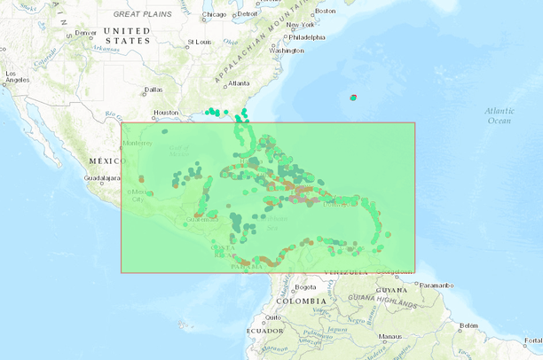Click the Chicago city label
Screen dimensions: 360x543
pos(215,14)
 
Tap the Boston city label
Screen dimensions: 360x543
pos(326,11)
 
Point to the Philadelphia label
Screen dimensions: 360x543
pos(307,37)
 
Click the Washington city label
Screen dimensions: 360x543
pos(286,51)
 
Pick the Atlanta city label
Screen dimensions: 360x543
pos(239,83)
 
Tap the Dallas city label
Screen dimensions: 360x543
pos(153,90)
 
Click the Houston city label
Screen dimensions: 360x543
pos(166,113)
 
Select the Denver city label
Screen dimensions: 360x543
pos(85,33)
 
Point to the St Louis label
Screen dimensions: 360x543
pos(199,42)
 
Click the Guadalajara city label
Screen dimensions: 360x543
pos(101,178)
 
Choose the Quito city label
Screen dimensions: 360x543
pos(271,317)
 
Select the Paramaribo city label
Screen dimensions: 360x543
pos(436,285)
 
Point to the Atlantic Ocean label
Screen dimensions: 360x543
pos(499,114)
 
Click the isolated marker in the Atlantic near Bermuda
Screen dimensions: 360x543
pos(353,98)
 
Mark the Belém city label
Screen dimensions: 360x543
pos(469,325)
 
